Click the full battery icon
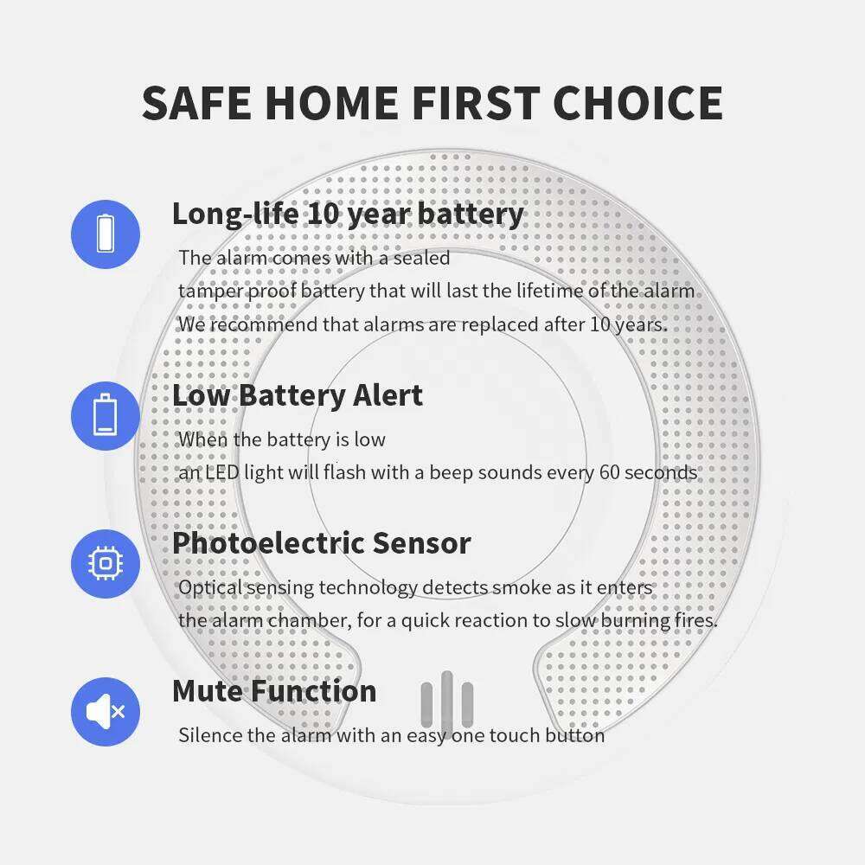click(106, 234)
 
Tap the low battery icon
click(106, 416)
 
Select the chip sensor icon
click(106, 564)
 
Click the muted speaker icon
click(106, 712)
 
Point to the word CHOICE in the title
click(638, 103)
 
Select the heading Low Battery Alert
click(298, 395)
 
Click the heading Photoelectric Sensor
click(321, 543)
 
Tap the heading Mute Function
click(274, 691)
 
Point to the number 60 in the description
click(609, 472)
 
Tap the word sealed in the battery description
click(423, 258)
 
